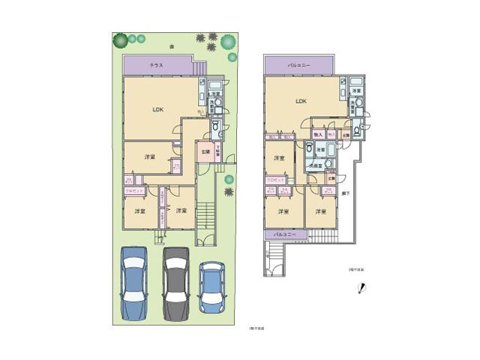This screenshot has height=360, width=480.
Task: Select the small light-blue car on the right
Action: pos(212,288)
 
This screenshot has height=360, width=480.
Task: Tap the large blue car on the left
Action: pos(135,283)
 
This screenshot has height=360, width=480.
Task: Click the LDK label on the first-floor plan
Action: pos(158,110)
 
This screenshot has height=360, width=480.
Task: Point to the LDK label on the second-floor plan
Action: pos(301,100)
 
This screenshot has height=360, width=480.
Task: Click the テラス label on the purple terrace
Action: pos(157,66)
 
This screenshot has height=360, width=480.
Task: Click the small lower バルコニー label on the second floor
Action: pos(284,235)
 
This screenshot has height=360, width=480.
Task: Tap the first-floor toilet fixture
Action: pos(215,127)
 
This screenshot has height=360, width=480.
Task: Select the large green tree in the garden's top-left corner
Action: pos(118,39)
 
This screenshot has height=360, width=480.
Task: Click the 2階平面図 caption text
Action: pos(355,268)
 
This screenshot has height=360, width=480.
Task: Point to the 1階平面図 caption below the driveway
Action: pos(257,329)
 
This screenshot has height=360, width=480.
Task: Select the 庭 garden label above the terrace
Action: pos(172,46)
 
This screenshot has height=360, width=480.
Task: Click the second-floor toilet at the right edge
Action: pos(357,130)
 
